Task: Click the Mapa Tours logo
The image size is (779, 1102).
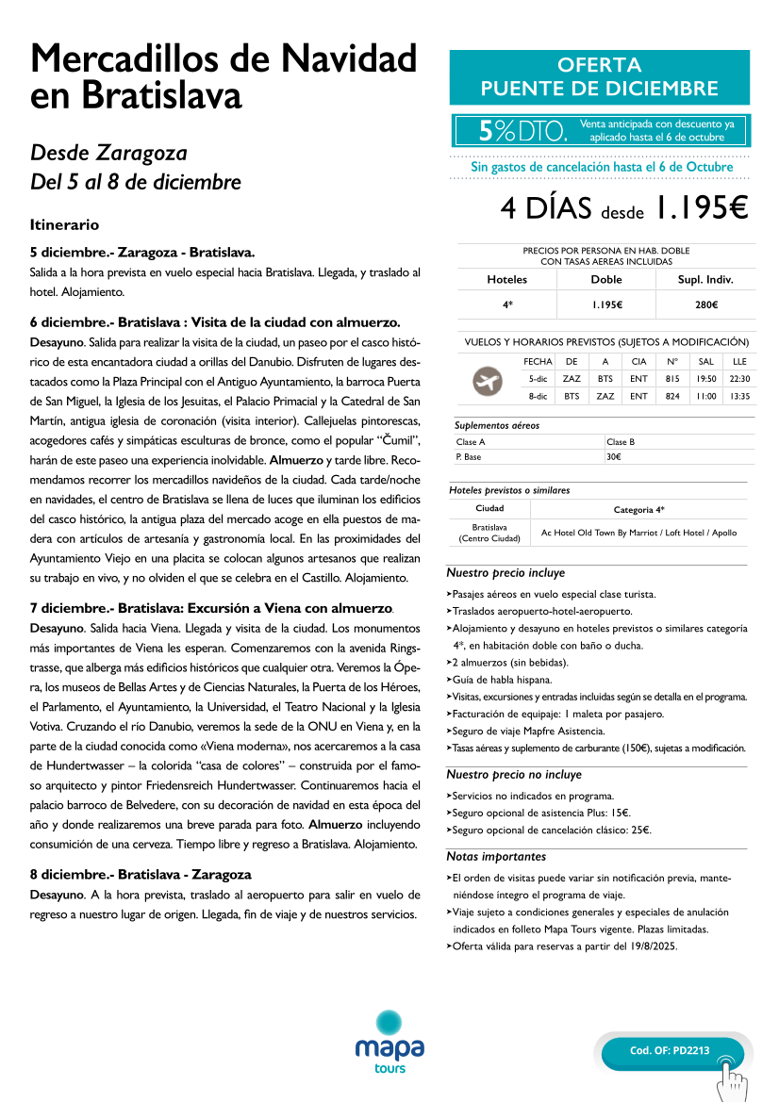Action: (x=389, y=1042)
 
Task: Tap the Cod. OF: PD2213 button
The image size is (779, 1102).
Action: (x=672, y=1051)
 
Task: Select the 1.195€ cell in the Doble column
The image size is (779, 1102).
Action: (x=605, y=304)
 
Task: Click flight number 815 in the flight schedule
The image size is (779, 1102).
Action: (x=672, y=379)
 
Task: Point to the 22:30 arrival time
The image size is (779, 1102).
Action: (x=739, y=379)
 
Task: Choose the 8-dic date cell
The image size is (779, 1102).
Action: (x=538, y=397)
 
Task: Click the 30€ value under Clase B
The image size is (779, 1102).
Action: (x=613, y=457)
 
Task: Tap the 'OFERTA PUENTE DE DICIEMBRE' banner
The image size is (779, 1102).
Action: (x=599, y=77)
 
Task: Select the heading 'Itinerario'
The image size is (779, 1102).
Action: (x=64, y=225)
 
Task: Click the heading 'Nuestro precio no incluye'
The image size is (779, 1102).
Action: (x=514, y=775)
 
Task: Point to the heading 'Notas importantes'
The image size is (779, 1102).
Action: (x=496, y=857)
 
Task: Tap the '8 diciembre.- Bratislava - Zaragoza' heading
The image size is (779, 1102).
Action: (x=141, y=874)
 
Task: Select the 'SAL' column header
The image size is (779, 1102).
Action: (x=705, y=361)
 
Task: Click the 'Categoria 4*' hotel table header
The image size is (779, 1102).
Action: (x=638, y=509)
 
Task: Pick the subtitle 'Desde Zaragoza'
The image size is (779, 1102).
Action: (x=108, y=153)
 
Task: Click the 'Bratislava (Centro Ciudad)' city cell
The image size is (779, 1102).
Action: (x=489, y=533)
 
